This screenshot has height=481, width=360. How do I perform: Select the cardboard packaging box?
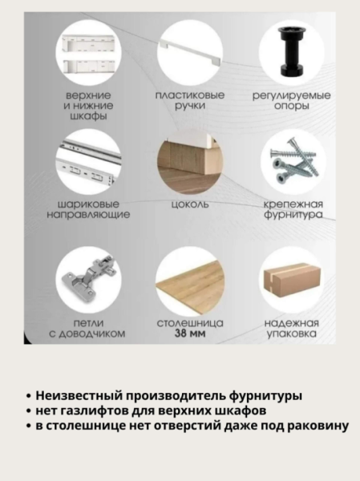[x=291, y=281]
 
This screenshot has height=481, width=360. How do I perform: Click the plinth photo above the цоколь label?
[x=190, y=164]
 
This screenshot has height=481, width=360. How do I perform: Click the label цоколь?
[x=190, y=204]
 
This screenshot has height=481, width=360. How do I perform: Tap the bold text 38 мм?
[x=190, y=333]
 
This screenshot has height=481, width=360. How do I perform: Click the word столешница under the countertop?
[x=190, y=322]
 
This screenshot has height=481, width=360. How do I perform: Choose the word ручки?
[x=190, y=106]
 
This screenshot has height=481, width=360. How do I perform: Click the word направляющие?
[x=88, y=215]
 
